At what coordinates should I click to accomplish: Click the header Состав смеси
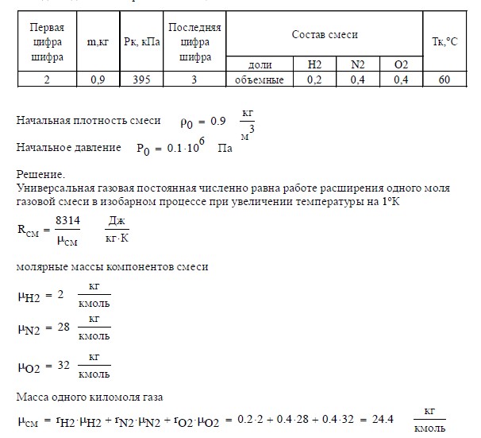pos(325,36)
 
